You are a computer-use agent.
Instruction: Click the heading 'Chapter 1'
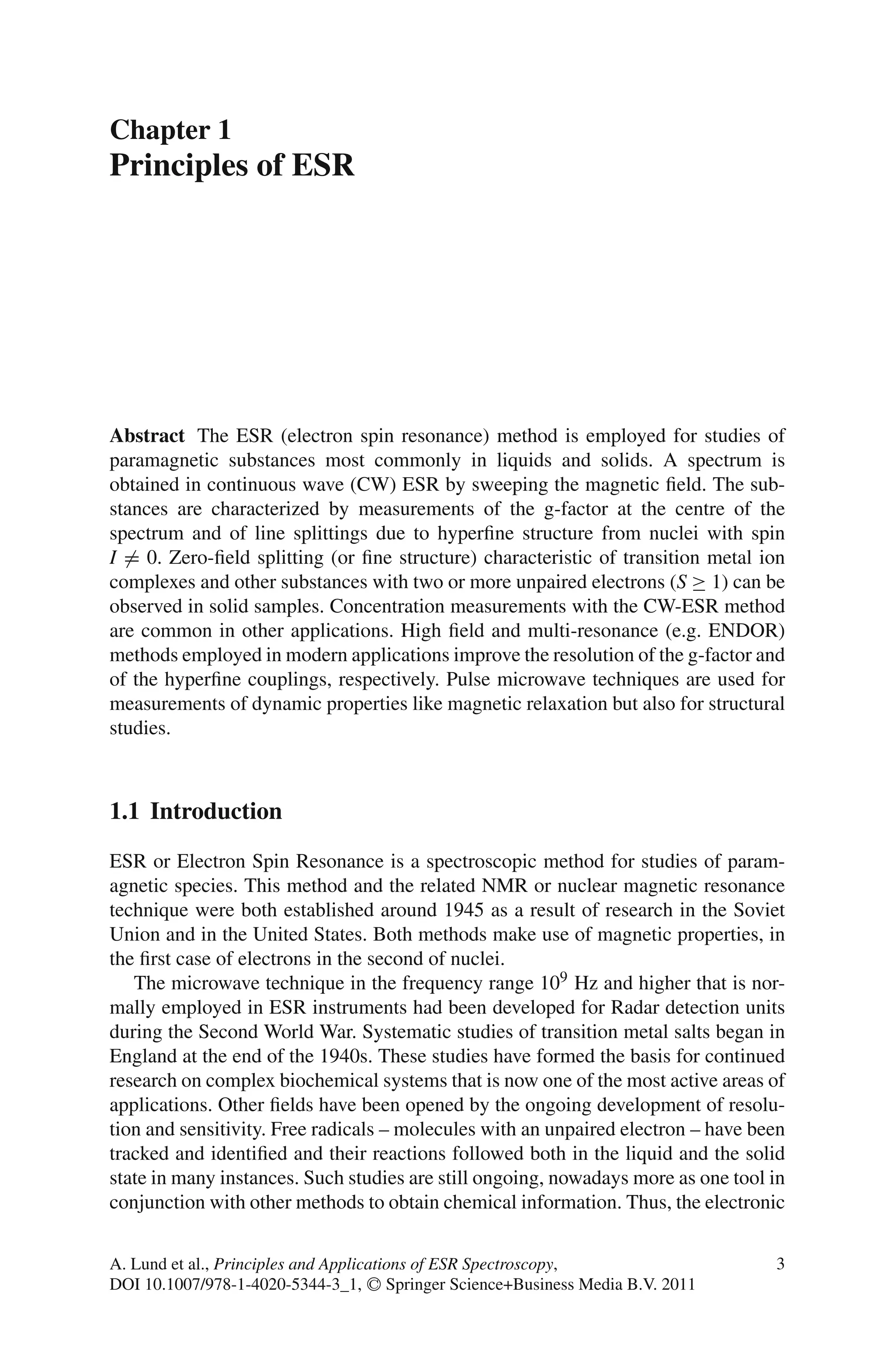pyautogui.click(x=170, y=130)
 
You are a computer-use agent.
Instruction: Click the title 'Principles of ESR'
pyautogui.click(x=232, y=166)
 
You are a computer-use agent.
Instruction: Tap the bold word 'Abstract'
pyautogui.click(x=147, y=436)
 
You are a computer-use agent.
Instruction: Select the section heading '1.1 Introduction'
pyautogui.click(x=195, y=811)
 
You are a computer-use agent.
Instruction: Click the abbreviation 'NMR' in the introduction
pyautogui.click(x=504, y=885)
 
